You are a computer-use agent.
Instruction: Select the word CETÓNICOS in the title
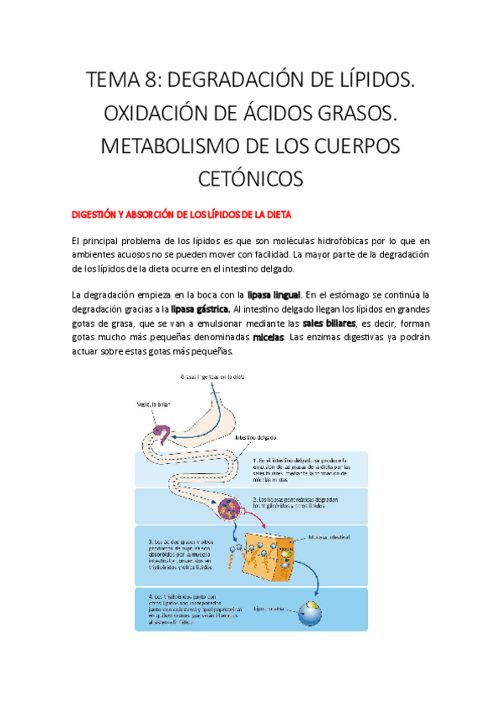(249, 178)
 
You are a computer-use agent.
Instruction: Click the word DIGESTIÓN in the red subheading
(94, 215)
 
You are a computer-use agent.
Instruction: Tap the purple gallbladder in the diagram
(160, 433)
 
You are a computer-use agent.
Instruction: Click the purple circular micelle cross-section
(227, 508)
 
